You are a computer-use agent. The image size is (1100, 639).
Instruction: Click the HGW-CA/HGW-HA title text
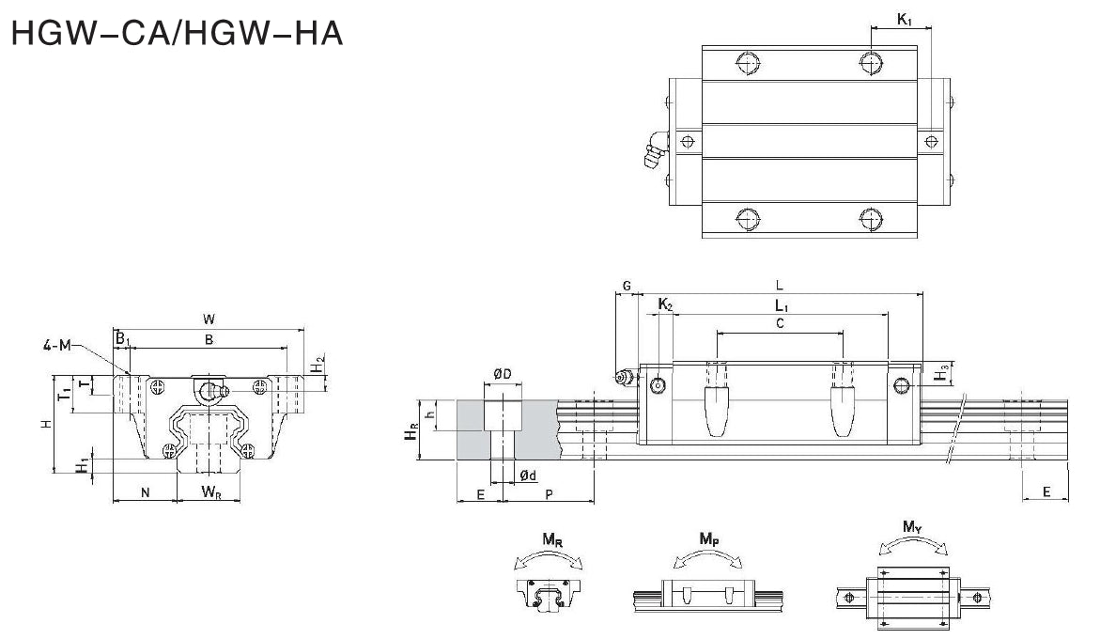point(175,35)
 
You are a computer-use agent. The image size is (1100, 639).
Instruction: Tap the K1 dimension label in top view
point(904,19)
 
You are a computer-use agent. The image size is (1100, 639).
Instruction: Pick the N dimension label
point(144,491)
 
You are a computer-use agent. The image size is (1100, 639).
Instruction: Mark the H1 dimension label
point(84,463)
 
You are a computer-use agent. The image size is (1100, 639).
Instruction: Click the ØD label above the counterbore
point(503,376)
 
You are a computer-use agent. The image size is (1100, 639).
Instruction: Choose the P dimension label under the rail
point(549,492)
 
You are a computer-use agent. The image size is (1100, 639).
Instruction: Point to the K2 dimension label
point(664,304)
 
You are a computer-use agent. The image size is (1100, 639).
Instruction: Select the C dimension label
point(780,322)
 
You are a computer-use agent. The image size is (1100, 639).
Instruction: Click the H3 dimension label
point(942,374)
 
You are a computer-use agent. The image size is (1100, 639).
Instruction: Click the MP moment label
point(709,538)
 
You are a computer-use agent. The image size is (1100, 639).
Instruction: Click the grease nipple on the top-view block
point(654,152)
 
